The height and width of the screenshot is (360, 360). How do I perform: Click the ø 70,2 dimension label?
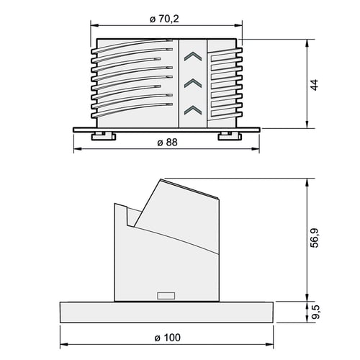coord(164,19)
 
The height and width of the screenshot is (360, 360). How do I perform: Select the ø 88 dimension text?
coord(167,143)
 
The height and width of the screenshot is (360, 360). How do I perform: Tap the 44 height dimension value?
coord(315,85)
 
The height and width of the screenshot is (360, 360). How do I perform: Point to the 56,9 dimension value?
coord(315,238)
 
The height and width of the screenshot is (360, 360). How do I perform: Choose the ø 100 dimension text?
coord(167,338)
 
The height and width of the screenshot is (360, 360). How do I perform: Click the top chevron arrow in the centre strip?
coord(193,57)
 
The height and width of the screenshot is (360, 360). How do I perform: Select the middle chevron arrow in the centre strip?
coord(193,83)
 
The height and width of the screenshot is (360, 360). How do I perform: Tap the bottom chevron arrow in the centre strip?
coord(193,109)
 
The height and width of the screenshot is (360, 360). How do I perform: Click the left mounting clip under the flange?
coord(104,136)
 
